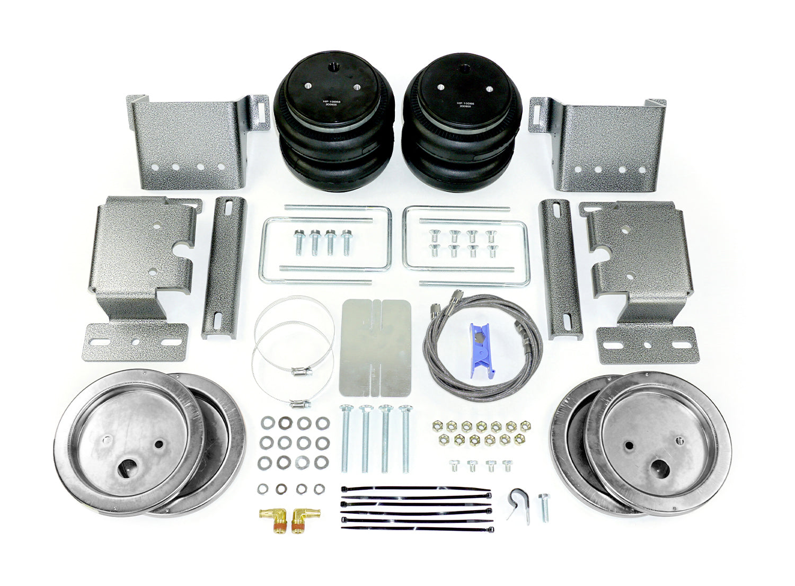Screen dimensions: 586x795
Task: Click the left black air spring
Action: [x=333, y=122]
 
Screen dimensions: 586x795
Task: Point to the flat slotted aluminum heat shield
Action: [x=376, y=348]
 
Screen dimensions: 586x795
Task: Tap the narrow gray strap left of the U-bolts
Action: [x=224, y=268]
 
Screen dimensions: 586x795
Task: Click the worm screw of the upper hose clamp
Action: [x=302, y=371]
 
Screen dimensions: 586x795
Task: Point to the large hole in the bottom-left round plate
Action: [x=128, y=468]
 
